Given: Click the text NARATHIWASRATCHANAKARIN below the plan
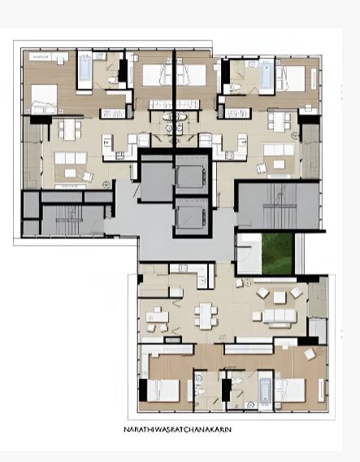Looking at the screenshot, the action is pyautogui.click(x=177, y=429).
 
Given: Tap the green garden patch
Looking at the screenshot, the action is pyautogui.click(x=278, y=254).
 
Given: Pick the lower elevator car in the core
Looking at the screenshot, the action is pyautogui.click(x=190, y=216).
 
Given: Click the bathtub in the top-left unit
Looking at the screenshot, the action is pyautogui.click(x=85, y=68).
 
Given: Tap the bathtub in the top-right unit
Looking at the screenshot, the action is pyautogui.click(x=267, y=75).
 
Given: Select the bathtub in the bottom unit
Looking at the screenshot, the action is pyautogui.click(x=265, y=391).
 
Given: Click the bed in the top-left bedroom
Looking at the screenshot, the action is pyautogui.click(x=44, y=98).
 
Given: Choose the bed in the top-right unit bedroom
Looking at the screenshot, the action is pyautogui.click(x=290, y=78).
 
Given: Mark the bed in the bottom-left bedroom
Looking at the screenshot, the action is pyautogui.click(x=163, y=390).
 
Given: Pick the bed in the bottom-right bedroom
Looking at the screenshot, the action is pyautogui.click(x=290, y=390).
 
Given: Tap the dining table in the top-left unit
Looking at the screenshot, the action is pyautogui.click(x=69, y=129).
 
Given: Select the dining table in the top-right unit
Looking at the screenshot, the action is pyautogui.click(x=279, y=122).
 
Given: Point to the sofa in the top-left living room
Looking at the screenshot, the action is pyautogui.click(x=71, y=158).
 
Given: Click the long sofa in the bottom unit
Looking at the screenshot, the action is pyautogui.click(x=280, y=316).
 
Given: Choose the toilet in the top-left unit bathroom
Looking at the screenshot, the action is pyautogui.click(x=112, y=80).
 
